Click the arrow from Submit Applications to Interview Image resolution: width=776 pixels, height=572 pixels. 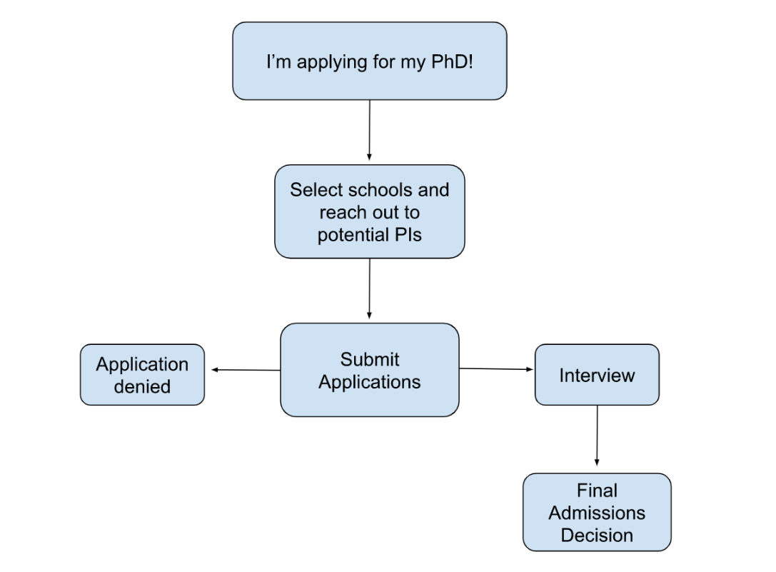pos(496,369)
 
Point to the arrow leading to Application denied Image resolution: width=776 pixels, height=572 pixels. pos(245,370)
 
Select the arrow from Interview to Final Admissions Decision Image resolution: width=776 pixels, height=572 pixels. pos(597,436)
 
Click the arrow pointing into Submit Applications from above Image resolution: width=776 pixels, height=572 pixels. pos(369,288)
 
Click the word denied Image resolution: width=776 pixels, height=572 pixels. pos(142,387)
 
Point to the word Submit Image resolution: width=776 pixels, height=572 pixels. pos(369,359)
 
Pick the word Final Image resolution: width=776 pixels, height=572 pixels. pos(597,491)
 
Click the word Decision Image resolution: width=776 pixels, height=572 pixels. pos(597,535)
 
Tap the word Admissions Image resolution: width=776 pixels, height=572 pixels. pos(597,513)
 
